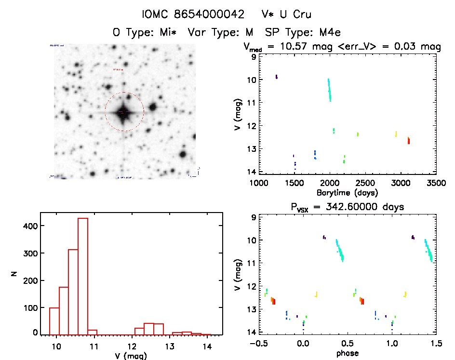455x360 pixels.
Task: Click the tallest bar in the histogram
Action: [x=82, y=275]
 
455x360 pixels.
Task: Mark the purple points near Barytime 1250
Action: [x=277, y=77]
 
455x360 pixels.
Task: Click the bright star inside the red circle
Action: [x=124, y=112]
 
